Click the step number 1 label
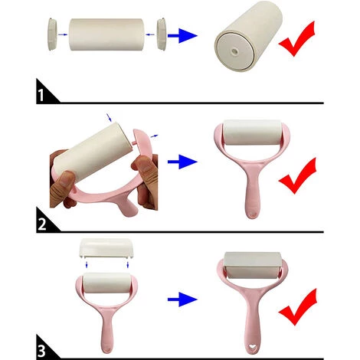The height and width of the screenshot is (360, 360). pyautogui.click(x=41, y=95)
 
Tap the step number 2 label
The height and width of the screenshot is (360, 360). pyautogui.click(x=42, y=224)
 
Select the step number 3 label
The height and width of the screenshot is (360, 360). pyautogui.click(x=41, y=351)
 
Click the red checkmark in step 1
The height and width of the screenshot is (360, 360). pyautogui.click(x=297, y=38)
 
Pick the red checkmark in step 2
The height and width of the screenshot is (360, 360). pyautogui.click(x=297, y=175)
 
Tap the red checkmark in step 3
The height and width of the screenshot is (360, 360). pyautogui.click(x=298, y=307)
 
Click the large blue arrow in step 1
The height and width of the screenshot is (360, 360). pyautogui.click(x=182, y=35)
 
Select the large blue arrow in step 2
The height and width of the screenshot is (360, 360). pyautogui.click(x=182, y=162)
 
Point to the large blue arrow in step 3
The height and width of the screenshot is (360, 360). pyautogui.click(x=182, y=299)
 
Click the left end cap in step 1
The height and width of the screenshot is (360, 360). pyautogui.click(x=52, y=34)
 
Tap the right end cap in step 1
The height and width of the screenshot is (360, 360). pyautogui.click(x=162, y=34)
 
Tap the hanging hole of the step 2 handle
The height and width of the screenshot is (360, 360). pyautogui.click(x=252, y=214)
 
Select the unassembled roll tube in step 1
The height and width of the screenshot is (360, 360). pyautogui.click(x=106, y=34)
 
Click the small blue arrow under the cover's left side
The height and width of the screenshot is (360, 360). pyautogui.click(x=87, y=265)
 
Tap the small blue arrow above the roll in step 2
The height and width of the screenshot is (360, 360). pyautogui.click(x=109, y=117)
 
